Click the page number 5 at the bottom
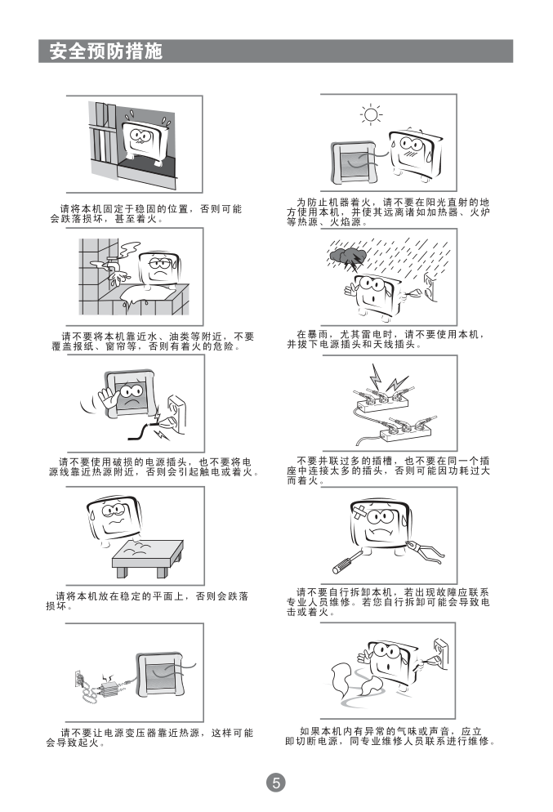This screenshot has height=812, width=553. pyautogui.click(x=276, y=782)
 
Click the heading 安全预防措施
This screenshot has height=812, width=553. pyautogui.click(x=105, y=51)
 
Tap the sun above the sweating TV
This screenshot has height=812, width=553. pyautogui.click(x=371, y=114)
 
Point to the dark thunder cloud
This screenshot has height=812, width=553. pyautogui.click(x=347, y=256)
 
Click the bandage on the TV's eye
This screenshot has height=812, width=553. pyautogui.click(x=361, y=512)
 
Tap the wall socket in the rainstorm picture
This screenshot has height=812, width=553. pyautogui.click(x=430, y=288)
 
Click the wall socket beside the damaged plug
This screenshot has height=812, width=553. pyautogui.click(x=177, y=414)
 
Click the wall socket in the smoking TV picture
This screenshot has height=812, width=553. pyautogui.click(x=440, y=654)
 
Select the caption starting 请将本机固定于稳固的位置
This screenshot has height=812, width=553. pyautogui.click(x=146, y=214)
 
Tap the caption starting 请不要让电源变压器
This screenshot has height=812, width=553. pyautogui.click(x=149, y=738)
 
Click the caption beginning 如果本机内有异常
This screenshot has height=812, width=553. pyautogui.click(x=390, y=736)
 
